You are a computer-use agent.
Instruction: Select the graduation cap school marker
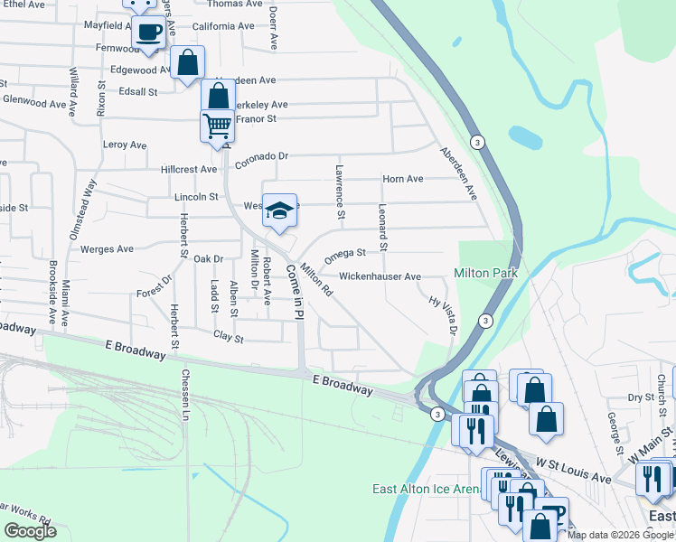pyautogui.click(x=279, y=211)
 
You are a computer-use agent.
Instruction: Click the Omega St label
pyautogui.click(x=344, y=254)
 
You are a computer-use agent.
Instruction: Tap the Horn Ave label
pyautogui.click(x=402, y=180)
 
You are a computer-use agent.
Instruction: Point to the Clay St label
pyautogui.click(x=229, y=338)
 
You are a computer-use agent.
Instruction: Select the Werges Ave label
pyautogui.click(x=107, y=249)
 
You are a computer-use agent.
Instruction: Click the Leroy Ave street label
pyautogui.click(x=125, y=145)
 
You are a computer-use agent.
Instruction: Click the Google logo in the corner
pyautogui.click(x=30, y=531)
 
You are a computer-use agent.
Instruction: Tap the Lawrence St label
pyautogui.click(x=341, y=191)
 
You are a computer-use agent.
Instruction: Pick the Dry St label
pyautogui.click(x=641, y=397)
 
